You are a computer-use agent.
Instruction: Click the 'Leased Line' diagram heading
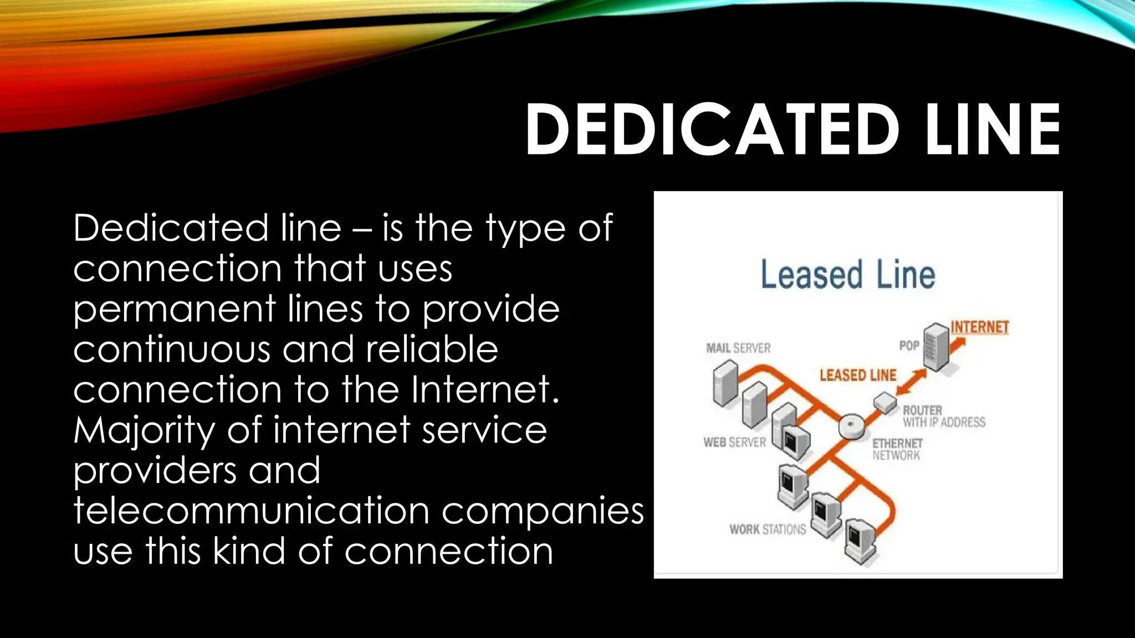(848, 275)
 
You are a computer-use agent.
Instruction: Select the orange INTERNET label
(980, 327)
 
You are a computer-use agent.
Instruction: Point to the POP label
(909, 346)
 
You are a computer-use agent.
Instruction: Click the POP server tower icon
(936, 347)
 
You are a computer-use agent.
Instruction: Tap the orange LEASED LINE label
(858, 375)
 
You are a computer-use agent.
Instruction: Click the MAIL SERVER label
(738, 348)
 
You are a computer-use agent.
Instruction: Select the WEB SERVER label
(734, 443)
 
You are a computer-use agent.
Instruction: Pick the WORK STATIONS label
(768, 529)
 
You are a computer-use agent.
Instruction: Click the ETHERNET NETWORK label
(897, 449)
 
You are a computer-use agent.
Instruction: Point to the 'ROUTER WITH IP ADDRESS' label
(944, 416)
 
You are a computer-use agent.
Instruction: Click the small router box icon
(885, 403)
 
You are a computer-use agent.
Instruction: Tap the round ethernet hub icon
(851, 427)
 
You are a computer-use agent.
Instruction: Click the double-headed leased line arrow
(912, 382)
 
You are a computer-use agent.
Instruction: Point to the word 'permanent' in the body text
(174, 309)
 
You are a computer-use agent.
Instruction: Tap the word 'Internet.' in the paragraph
(485, 389)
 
